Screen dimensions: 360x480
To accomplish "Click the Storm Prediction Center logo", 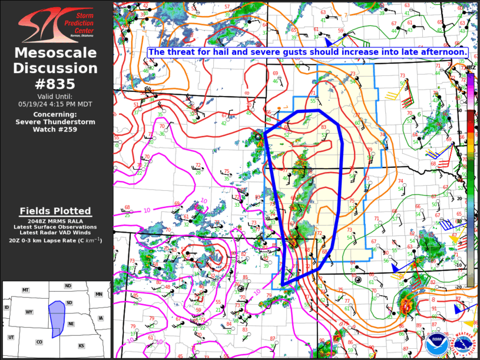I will tap(56, 24).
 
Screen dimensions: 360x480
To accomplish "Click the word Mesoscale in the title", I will tap(55, 54).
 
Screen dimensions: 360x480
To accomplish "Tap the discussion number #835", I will tap(55, 83).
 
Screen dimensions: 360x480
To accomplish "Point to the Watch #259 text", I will tap(55, 130).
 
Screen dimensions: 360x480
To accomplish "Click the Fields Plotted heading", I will tap(55, 211).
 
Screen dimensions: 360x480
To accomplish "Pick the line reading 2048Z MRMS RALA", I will tap(55, 220).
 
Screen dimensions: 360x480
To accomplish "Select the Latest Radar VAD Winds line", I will tap(55, 233).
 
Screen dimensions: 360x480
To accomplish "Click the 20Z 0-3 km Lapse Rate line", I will tap(55, 240).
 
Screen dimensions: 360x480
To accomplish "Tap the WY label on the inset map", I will tap(28, 312).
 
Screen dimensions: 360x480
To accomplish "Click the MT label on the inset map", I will tap(25, 290).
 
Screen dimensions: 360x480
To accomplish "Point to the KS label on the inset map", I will tap(81, 345).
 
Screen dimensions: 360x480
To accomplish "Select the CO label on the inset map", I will tap(39, 342).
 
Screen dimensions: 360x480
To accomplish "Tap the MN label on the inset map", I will tap(99, 294).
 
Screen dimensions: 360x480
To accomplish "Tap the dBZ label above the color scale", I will tap(471, 68).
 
